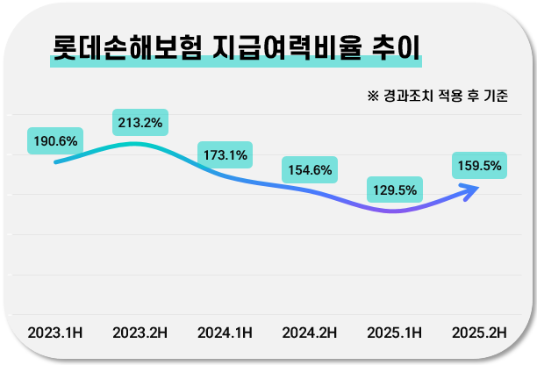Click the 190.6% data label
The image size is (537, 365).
click(x=55, y=140)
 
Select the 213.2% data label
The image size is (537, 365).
click(x=140, y=122)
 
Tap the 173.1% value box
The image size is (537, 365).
click(x=225, y=155)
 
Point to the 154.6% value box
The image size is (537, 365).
click(x=310, y=169)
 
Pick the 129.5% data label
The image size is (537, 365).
click(x=394, y=190)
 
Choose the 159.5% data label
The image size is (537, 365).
click(x=479, y=165)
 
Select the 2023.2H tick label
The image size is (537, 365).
click(x=140, y=333)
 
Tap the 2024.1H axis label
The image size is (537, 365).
click(x=225, y=333)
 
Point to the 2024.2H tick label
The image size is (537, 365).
click(x=310, y=333)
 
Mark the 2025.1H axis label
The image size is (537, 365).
click(x=394, y=333)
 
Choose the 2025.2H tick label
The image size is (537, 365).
click(x=479, y=333)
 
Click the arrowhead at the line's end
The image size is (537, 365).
click(x=474, y=188)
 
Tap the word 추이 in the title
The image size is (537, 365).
click(x=390, y=47)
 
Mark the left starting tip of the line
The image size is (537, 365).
click(x=55, y=162)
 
